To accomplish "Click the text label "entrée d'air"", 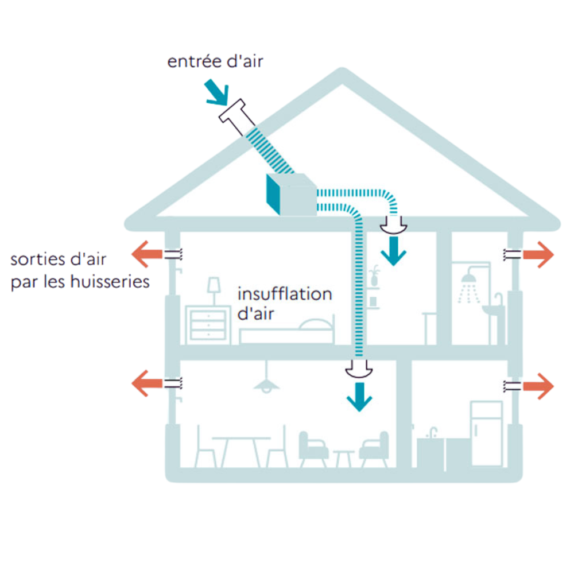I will click(215, 61).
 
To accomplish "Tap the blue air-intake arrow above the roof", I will click(218, 94).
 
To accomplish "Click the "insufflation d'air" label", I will click(284, 303).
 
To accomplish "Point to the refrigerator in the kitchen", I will click(486, 433).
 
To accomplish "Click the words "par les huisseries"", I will click(80, 283).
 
